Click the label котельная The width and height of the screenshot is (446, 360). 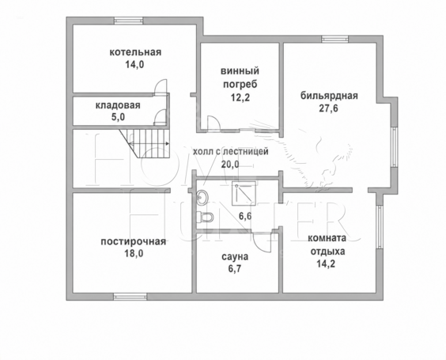pyautogui.click(x=135, y=52)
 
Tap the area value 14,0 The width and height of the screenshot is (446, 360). pyautogui.click(x=134, y=65)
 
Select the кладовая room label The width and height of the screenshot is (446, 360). pyautogui.click(x=118, y=105)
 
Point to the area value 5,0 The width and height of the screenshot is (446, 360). pyautogui.click(x=119, y=117)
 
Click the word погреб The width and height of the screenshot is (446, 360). pyautogui.click(x=240, y=85)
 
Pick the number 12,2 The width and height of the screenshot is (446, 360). pyautogui.click(x=240, y=97)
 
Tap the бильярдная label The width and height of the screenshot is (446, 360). pyautogui.click(x=329, y=96)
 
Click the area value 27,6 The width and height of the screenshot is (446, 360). pyautogui.click(x=328, y=108)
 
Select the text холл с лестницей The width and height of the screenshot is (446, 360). pyautogui.click(x=231, y=151)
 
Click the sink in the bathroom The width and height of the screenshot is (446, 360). pyautogui.click(x=202, y=197)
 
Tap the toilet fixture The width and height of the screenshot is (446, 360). pyautogui.click(x=205, y=217)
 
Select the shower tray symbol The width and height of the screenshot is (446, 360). pyautogui.click(x=244, y=194)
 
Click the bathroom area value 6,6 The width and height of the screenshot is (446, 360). pyautogui.click(x=245, y=216)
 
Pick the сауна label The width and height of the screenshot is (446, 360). pyautogui.click(x=235, y=256)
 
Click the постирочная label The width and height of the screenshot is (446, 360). pyautogui.click(x=134, y=241)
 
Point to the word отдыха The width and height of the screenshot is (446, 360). pyautogui.click(x=327, y=252)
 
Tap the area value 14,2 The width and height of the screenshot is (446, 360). pyautogui.click(x=326, y=263)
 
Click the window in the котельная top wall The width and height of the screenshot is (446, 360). pyautogui.click(x=128, y=21)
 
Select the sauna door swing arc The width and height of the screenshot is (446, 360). pyautogui.click(x=260, y=244)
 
